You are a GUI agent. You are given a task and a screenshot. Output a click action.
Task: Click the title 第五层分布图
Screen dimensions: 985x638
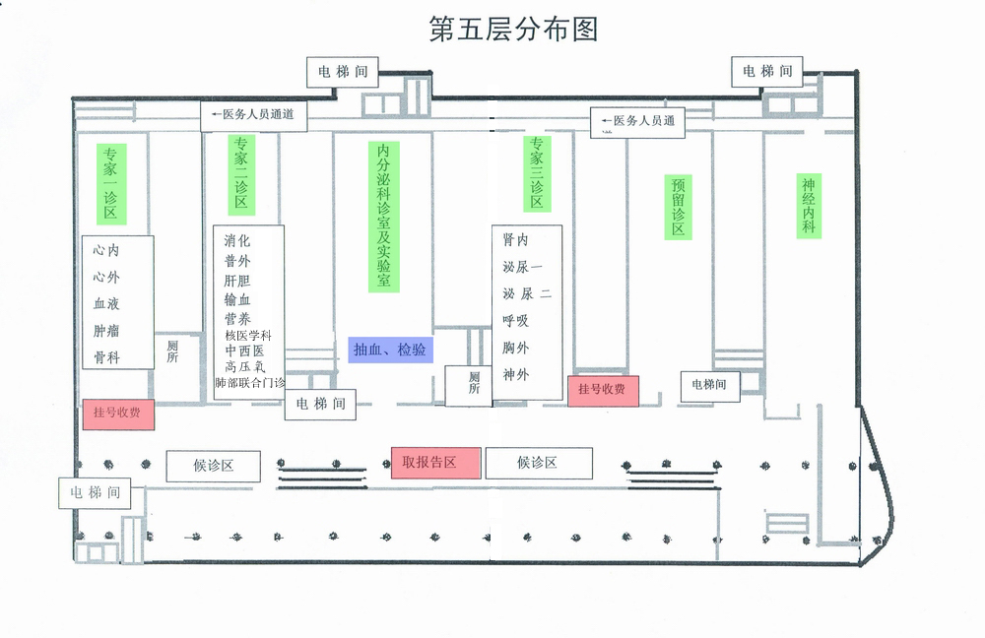click(x=513, y=29)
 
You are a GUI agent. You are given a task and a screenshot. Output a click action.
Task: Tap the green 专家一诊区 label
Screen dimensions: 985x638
click(x=111, y=184)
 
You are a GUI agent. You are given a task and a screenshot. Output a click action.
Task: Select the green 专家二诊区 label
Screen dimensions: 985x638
click(x=241, y=174)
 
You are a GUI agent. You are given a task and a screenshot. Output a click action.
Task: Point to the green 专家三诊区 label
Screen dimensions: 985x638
click(x=537, y=173)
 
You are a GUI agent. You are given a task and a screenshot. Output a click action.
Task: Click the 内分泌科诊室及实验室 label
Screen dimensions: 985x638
click(x=384, y=217)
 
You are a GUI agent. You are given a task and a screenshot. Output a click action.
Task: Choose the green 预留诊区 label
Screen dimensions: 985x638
click(x=679, y=207)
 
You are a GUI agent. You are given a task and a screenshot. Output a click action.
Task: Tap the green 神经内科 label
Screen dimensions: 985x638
click(x=809, y=206)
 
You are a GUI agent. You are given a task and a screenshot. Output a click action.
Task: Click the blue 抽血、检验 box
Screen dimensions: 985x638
click(x=390, y=350)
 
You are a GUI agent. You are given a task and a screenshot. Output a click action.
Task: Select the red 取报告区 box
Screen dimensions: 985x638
click(x=436, y=463)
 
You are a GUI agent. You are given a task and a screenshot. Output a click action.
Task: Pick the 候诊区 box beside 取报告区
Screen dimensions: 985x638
click(x=539, y=463)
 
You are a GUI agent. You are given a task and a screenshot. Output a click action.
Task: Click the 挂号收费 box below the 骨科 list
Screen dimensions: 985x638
click(x=118, y=414)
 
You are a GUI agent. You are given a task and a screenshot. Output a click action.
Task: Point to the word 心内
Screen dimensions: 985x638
click(x=106, y=250)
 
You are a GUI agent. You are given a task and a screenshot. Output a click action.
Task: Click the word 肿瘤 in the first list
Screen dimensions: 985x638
click(x=106, y=331)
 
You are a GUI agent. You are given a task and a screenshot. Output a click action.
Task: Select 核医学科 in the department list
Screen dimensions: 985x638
click(x=248, y=336)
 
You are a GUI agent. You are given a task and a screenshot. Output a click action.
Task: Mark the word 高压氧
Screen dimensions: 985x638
click(x=245, y=366)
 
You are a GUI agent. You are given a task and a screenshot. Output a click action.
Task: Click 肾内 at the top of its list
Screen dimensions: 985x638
click(x=516, y=239)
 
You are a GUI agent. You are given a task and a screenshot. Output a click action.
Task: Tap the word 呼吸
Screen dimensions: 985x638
click(x=516, y=320)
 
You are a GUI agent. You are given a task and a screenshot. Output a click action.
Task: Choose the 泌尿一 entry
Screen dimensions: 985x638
click(x=522, y=267)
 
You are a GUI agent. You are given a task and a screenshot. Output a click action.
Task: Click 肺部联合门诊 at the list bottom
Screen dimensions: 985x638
click(x=250, y=382)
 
